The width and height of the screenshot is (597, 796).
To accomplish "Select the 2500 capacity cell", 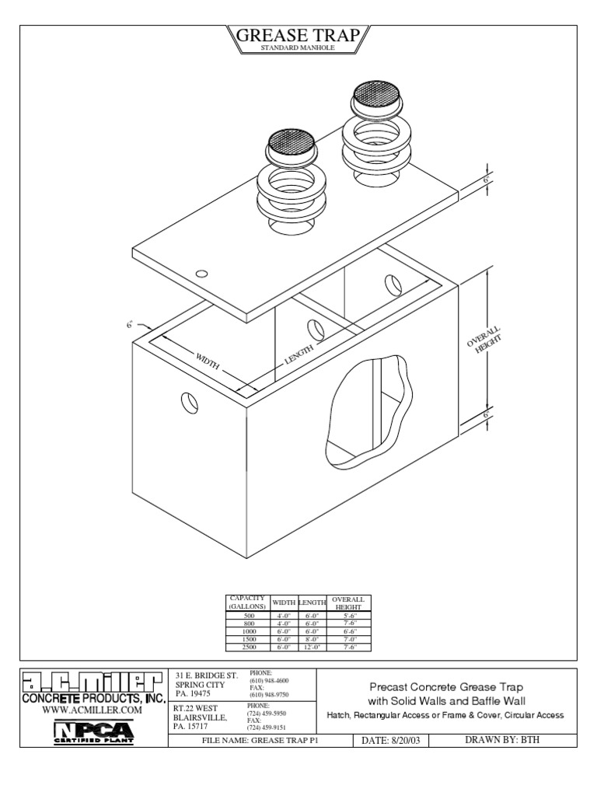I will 247,647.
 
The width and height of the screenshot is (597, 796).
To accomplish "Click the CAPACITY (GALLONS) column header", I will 247,602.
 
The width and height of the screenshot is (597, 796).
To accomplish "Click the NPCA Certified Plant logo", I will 93,731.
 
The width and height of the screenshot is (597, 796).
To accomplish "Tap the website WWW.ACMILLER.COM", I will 93,710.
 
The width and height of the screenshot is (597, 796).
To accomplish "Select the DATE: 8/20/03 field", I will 391,740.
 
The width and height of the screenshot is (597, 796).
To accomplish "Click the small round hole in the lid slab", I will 201,274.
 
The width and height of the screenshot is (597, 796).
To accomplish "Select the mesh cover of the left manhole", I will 292,142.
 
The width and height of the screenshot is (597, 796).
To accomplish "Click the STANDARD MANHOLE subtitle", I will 298,49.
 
